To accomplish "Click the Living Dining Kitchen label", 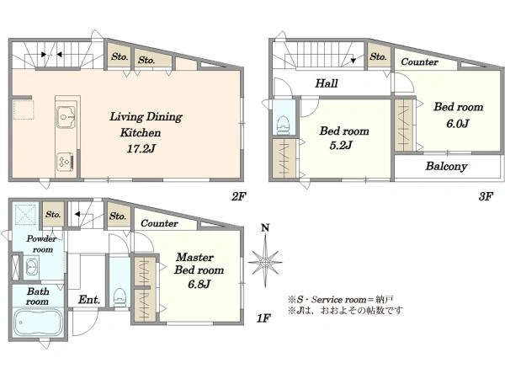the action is tap(146, 125).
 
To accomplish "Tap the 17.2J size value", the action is tap(141, 148).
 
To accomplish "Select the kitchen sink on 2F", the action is tap(66, 117).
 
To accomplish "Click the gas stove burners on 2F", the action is tap(66, 162).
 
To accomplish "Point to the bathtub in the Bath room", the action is tap(38, 323).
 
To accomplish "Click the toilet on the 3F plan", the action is tap(284, 125).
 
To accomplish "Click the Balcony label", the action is tap(446, 166).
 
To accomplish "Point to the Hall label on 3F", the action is tap(327, 83).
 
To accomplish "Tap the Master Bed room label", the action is tap(199, 264).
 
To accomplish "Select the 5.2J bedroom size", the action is tap(341, 146).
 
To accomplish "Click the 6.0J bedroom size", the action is tap(457, 124).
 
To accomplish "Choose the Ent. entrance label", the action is tap(89, 300).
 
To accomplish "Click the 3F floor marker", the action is tap(486, 196).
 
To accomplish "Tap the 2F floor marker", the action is tap(239, 196).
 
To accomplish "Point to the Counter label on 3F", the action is tap(419, 61).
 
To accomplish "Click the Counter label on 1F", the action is tap(159, 223).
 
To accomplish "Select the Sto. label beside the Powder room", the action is tap(53, 214).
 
